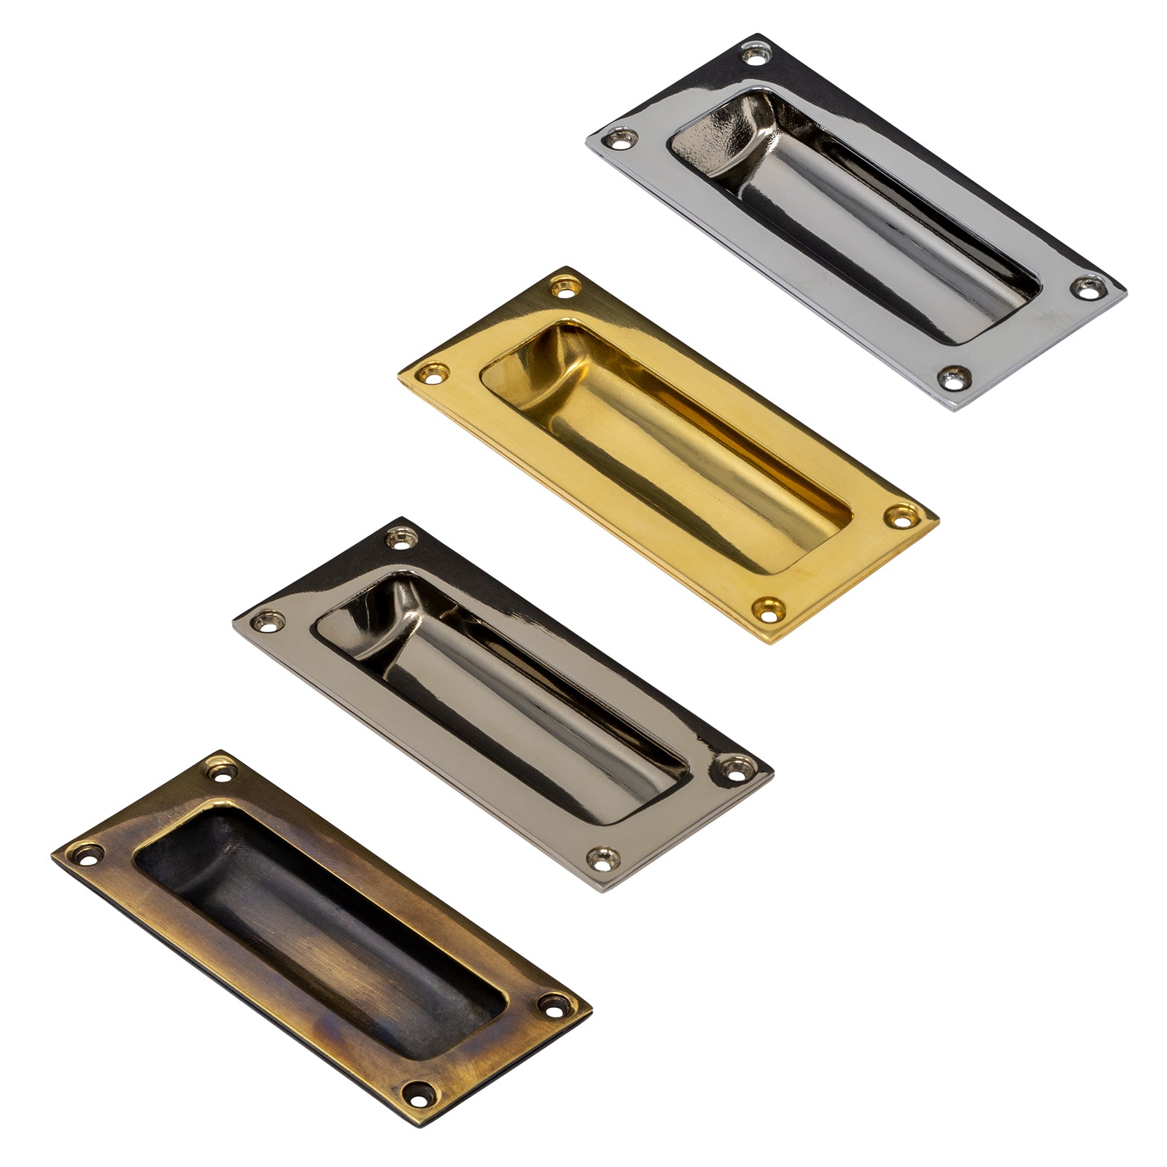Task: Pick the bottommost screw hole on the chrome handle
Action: point(953,377)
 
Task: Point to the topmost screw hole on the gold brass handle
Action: point(563,287)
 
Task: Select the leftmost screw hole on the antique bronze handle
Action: point(88,853)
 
